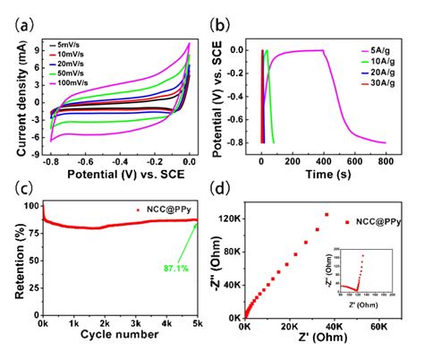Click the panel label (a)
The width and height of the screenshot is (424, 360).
(18, 15)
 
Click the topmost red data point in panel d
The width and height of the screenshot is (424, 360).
(326, 214)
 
